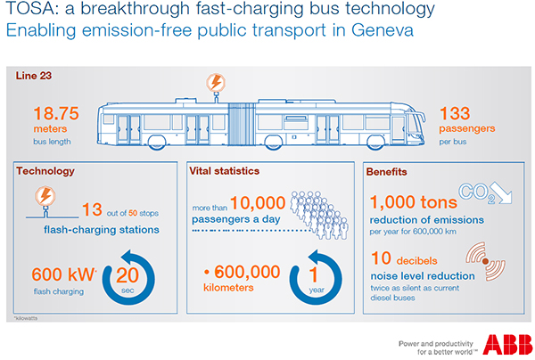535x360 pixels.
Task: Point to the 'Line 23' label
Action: tap(35, 76)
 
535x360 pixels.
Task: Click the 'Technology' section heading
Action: tap(45, 169)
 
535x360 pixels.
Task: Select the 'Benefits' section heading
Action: tap(389, 169)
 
